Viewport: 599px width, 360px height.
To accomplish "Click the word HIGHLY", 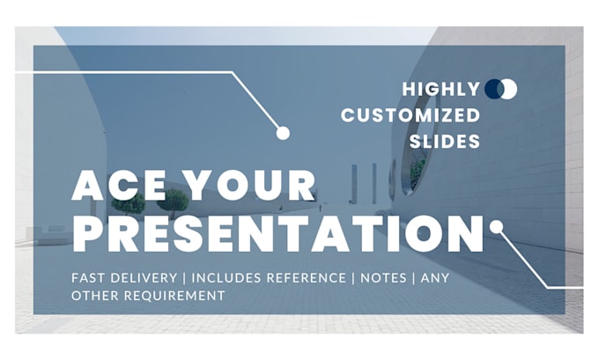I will coord(440,89).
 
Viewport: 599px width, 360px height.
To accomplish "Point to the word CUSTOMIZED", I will coord(410,115).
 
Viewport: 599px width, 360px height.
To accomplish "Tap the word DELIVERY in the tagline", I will coord(145,278).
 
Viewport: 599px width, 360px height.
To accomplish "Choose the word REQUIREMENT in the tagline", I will coord(174,297).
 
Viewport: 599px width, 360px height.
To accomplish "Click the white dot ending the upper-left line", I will coord(283,133).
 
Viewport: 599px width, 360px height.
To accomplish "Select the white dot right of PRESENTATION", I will coord(496,226).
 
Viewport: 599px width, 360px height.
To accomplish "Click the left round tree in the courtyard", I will coord(129,202).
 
